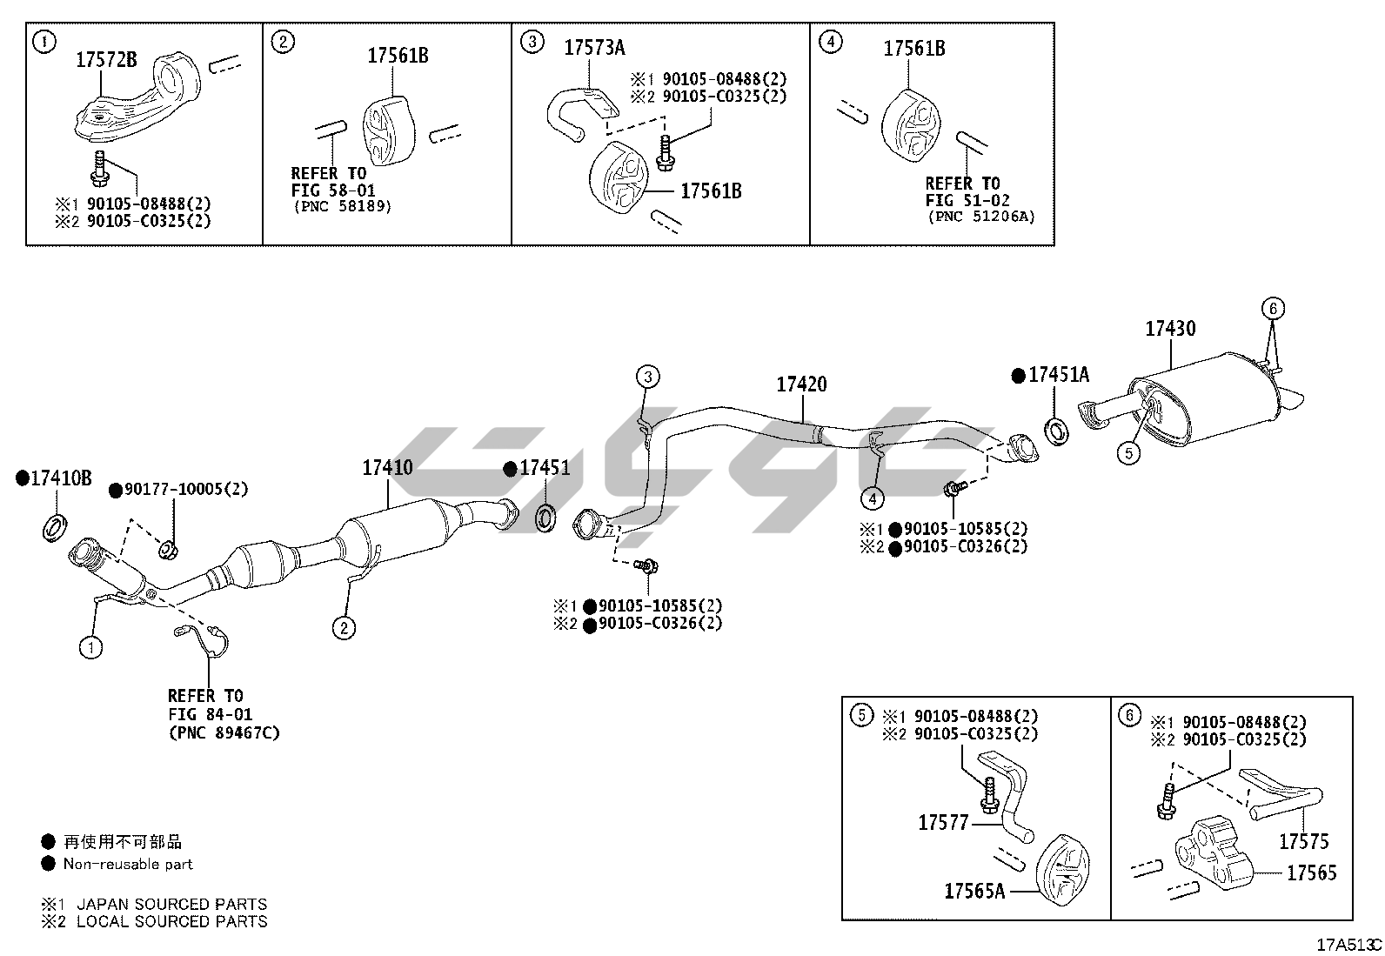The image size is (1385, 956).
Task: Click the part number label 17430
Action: [1169, 329]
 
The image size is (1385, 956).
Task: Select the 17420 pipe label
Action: [801, 384]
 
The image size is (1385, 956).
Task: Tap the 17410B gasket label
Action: [60, 478]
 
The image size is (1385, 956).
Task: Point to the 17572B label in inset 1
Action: [106, 60]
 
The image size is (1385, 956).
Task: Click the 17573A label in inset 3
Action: [594, 48]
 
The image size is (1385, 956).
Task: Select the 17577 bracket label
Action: [943, 821]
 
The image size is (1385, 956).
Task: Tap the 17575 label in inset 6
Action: [1303, 841]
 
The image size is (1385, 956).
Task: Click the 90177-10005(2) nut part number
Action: [185, 490]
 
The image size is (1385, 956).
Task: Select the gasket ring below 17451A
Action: [1056, 429]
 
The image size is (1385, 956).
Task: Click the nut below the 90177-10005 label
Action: [169, 549]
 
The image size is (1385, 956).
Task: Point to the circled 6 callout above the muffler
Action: [1272, 308]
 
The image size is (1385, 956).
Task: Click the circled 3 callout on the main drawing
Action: [647, 377]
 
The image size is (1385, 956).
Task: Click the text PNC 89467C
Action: [224, 732]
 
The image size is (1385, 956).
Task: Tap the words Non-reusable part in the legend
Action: [128, 864]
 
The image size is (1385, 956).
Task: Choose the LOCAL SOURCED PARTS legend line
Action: [171, 921]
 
